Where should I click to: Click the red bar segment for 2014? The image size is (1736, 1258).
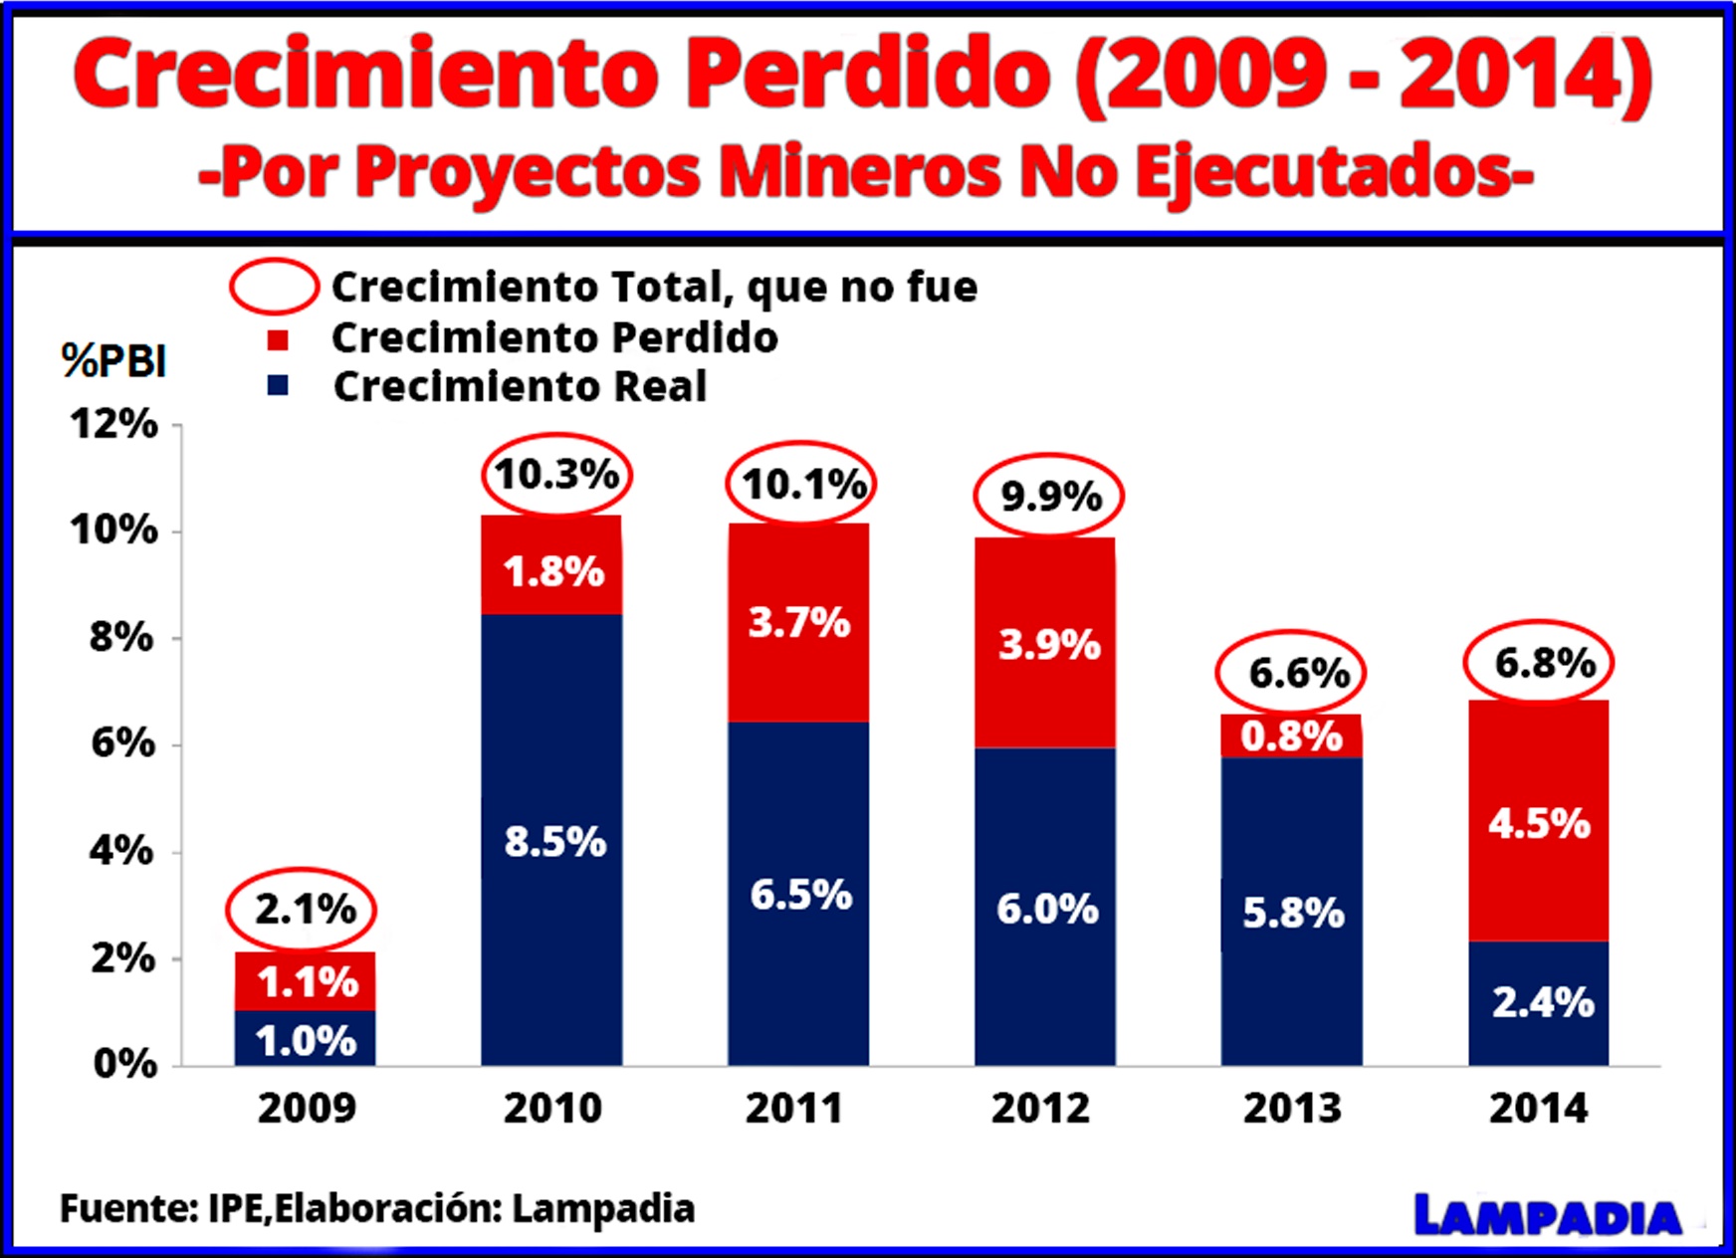(1538, 821)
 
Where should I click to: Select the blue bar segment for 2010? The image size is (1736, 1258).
(552, 841)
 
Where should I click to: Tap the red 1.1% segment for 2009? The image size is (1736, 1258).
(306, 981)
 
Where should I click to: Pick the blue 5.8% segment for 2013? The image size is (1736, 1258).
(1291, 911)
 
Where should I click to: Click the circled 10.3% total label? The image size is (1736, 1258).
(556, 475)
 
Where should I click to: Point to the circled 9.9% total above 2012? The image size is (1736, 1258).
(1048, 495)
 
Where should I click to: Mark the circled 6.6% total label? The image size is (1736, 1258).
(1291, 673)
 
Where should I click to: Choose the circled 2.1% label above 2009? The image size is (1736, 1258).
(302, 909)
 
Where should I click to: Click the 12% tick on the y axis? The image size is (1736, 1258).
(113, 424)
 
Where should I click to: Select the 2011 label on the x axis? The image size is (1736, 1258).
(794, 1108)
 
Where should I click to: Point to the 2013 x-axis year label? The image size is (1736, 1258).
(1291, 1108)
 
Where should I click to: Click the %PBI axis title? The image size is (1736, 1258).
(113, 360)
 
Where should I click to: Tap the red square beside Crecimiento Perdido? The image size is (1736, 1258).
(278, 340)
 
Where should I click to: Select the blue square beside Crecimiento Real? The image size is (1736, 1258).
(278, 385)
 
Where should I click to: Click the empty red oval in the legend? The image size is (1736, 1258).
(274, 286)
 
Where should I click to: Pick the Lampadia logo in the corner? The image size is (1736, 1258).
(1547, 1216)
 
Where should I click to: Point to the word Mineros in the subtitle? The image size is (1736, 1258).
(859, 171)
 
